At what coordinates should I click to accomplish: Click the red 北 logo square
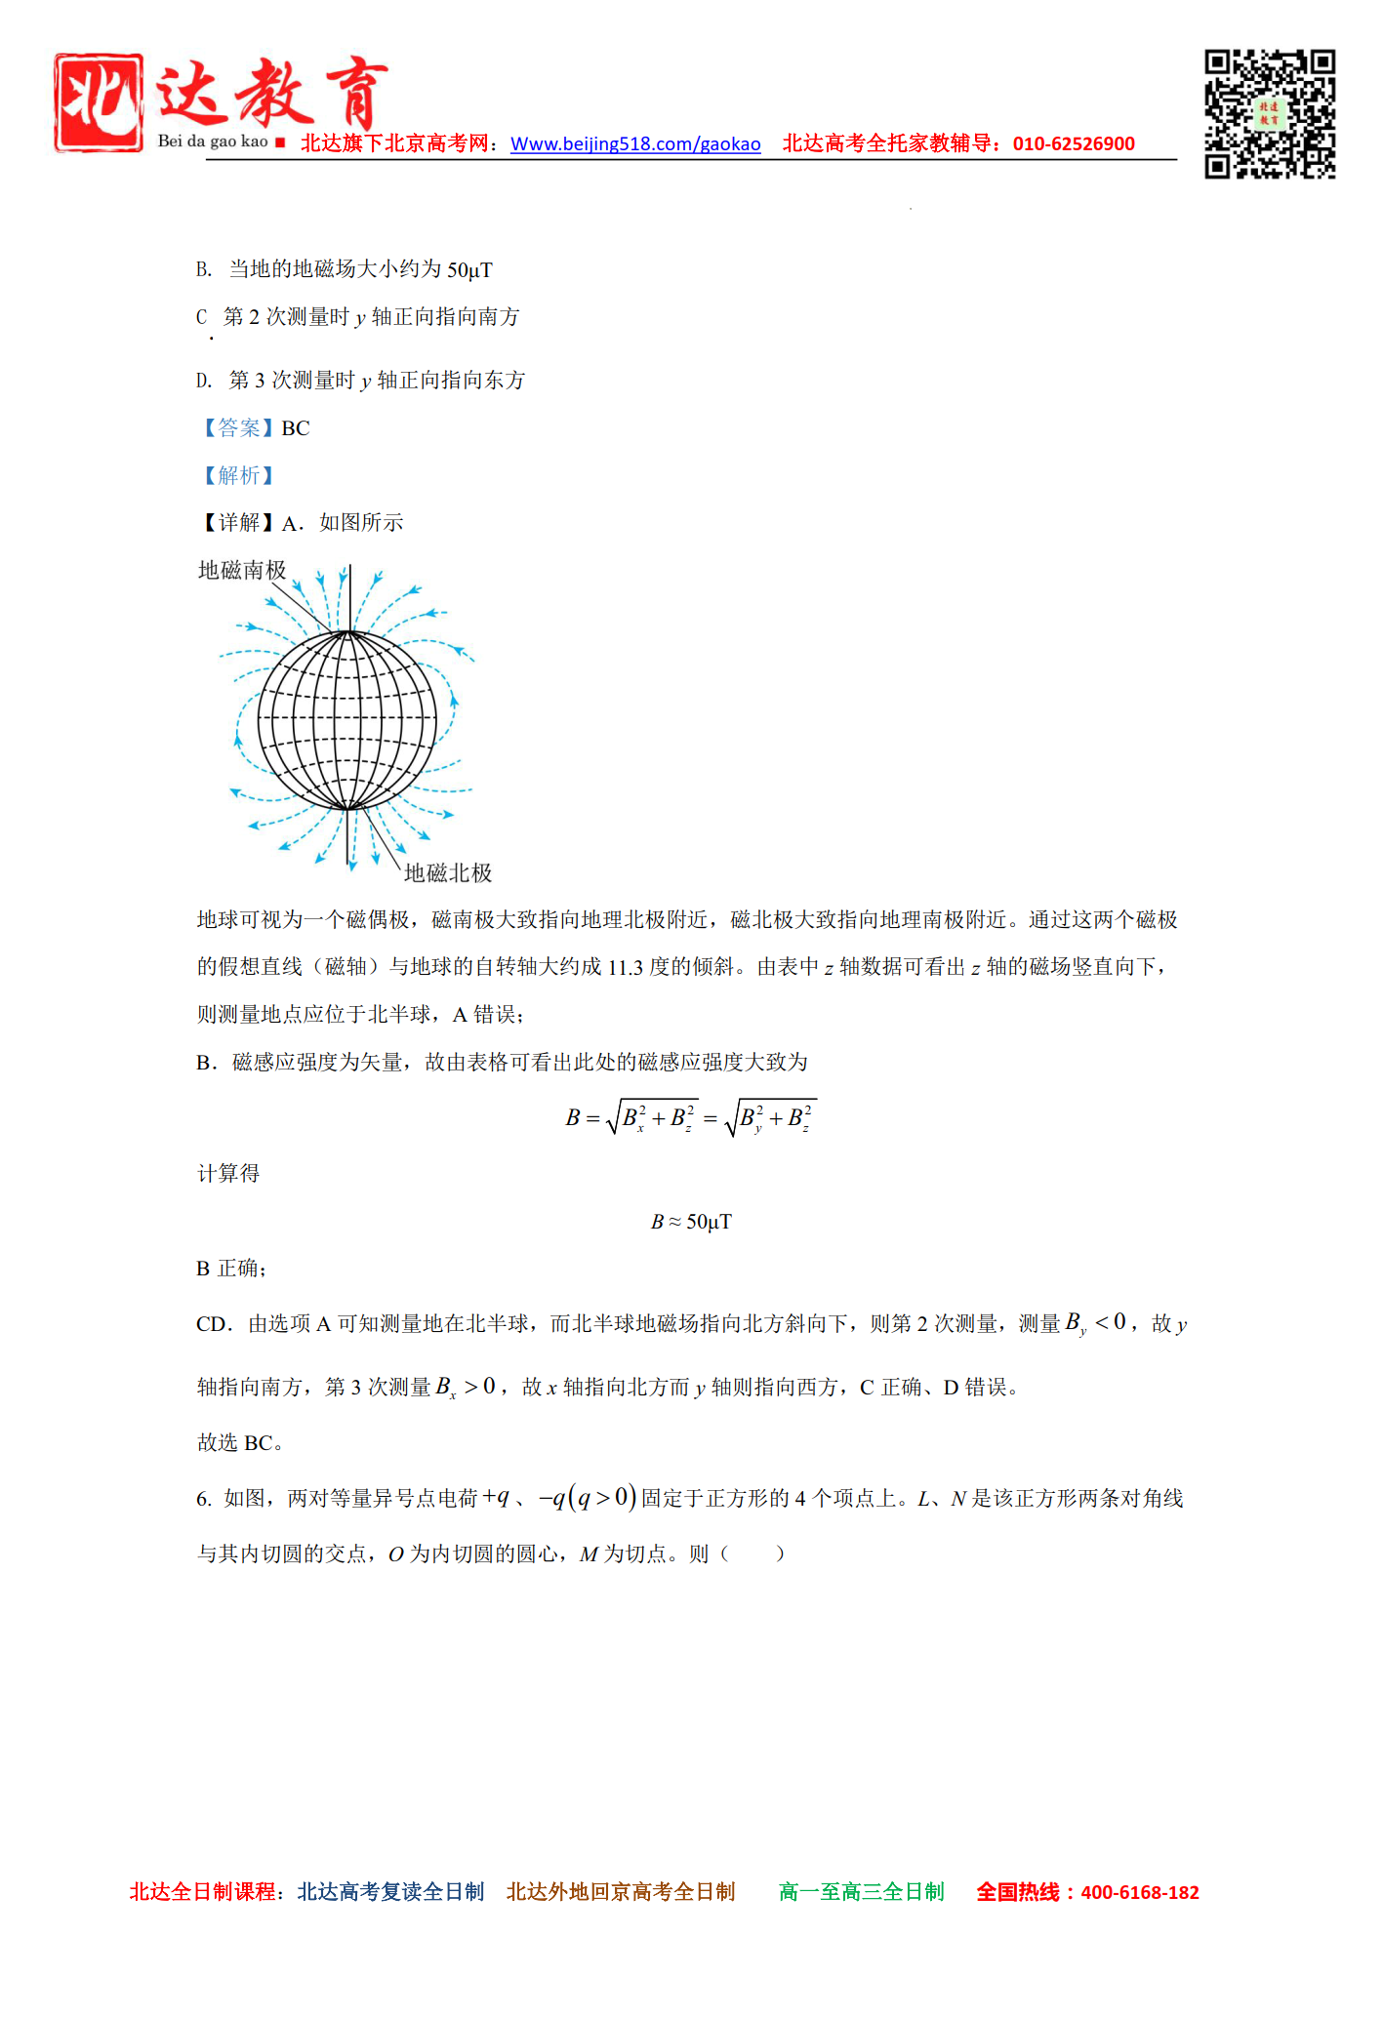tap(99, 102)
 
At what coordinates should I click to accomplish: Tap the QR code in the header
tap(1269, 114)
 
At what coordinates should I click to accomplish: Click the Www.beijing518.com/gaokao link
tap(635, 144)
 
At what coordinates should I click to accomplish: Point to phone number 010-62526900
tap(1074, 144)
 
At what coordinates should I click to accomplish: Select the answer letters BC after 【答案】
tap(296, 428)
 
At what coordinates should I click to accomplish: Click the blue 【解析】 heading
tap(238, 475)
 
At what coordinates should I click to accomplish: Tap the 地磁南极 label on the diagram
tap(242, 570)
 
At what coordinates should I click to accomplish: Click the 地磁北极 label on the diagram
tap(448, 872)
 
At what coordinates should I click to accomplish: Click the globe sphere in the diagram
tap(347, 720)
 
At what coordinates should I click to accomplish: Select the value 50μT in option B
tap(469, 269)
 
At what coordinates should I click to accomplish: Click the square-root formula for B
tap(691, 1118)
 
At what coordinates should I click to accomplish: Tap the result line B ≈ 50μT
tap(691, 1222)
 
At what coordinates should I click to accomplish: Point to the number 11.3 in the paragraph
tap(626, 967)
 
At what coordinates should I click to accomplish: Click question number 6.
tap(203, 1499)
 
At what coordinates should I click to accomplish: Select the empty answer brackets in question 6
tap(752, 1553)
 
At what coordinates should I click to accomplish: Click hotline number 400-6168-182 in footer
tap(1140, 1892)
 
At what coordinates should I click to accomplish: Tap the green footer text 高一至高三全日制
tap(862, 1892)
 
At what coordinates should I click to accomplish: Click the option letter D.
tap(203, 381)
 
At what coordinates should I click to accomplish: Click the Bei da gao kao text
tap(213, 141)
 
